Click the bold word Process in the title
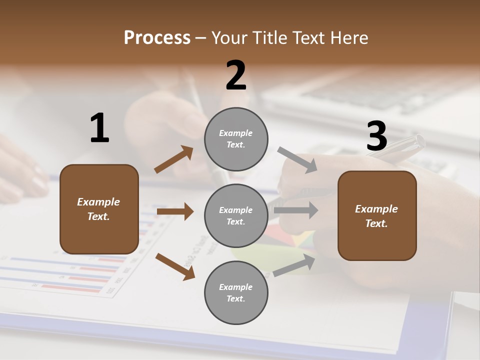[157, 38]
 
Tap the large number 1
[99, 128]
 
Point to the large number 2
[236, 75]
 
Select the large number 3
[376, 136]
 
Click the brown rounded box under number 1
[99, 209]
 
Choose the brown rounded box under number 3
[377, 215]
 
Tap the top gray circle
[236, 139]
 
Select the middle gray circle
[236, 215]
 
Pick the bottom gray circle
[236, 292]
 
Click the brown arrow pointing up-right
[173, 159]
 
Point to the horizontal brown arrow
[174, 211]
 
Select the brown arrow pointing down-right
[175, 266]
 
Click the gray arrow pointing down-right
[297, 159]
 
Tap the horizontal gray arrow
[295, 210]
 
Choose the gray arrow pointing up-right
[294, 265]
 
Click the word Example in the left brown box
[98, 202]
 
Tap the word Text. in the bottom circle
[236, 299]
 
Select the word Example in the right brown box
[376, 209]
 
